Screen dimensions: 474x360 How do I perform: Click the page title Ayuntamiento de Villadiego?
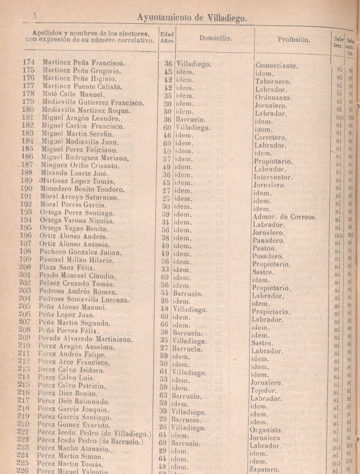[x=192, y=17]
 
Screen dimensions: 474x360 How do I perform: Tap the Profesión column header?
[x=293, y=39]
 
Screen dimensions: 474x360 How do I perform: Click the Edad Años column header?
[x=168, y=39]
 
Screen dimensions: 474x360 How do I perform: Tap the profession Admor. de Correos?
[x=284, y=218]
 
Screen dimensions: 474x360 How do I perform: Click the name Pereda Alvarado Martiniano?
[x=85, y=338]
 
